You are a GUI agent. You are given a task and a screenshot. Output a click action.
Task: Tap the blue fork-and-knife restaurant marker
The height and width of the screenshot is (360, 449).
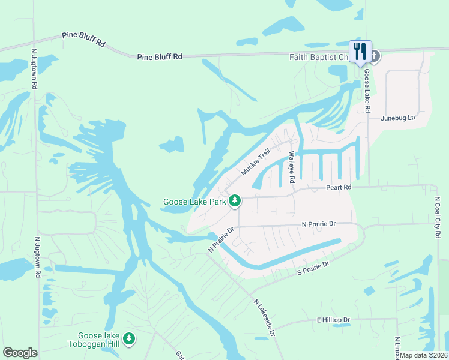360,51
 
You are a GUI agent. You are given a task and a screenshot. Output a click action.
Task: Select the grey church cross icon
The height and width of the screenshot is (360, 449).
375,57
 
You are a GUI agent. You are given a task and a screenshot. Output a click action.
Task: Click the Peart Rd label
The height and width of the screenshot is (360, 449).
338,187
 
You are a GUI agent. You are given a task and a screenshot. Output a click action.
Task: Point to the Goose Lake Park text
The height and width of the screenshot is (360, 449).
194,202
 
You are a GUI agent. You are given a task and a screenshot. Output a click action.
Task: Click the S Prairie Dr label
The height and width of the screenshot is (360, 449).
314,268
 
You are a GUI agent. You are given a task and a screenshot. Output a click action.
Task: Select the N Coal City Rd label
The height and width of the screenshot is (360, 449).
438,217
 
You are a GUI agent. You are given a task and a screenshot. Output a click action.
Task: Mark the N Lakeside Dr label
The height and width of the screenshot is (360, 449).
264,317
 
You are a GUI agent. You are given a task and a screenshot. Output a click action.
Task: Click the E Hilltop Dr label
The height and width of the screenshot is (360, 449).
333,320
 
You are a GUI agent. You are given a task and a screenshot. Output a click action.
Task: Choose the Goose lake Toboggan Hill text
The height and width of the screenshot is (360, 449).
99,340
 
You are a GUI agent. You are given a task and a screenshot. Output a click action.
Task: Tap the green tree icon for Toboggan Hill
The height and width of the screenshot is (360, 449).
129,340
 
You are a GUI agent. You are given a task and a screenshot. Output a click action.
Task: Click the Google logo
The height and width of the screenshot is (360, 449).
20,353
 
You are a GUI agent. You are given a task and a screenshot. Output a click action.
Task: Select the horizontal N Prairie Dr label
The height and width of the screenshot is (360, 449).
318,224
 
